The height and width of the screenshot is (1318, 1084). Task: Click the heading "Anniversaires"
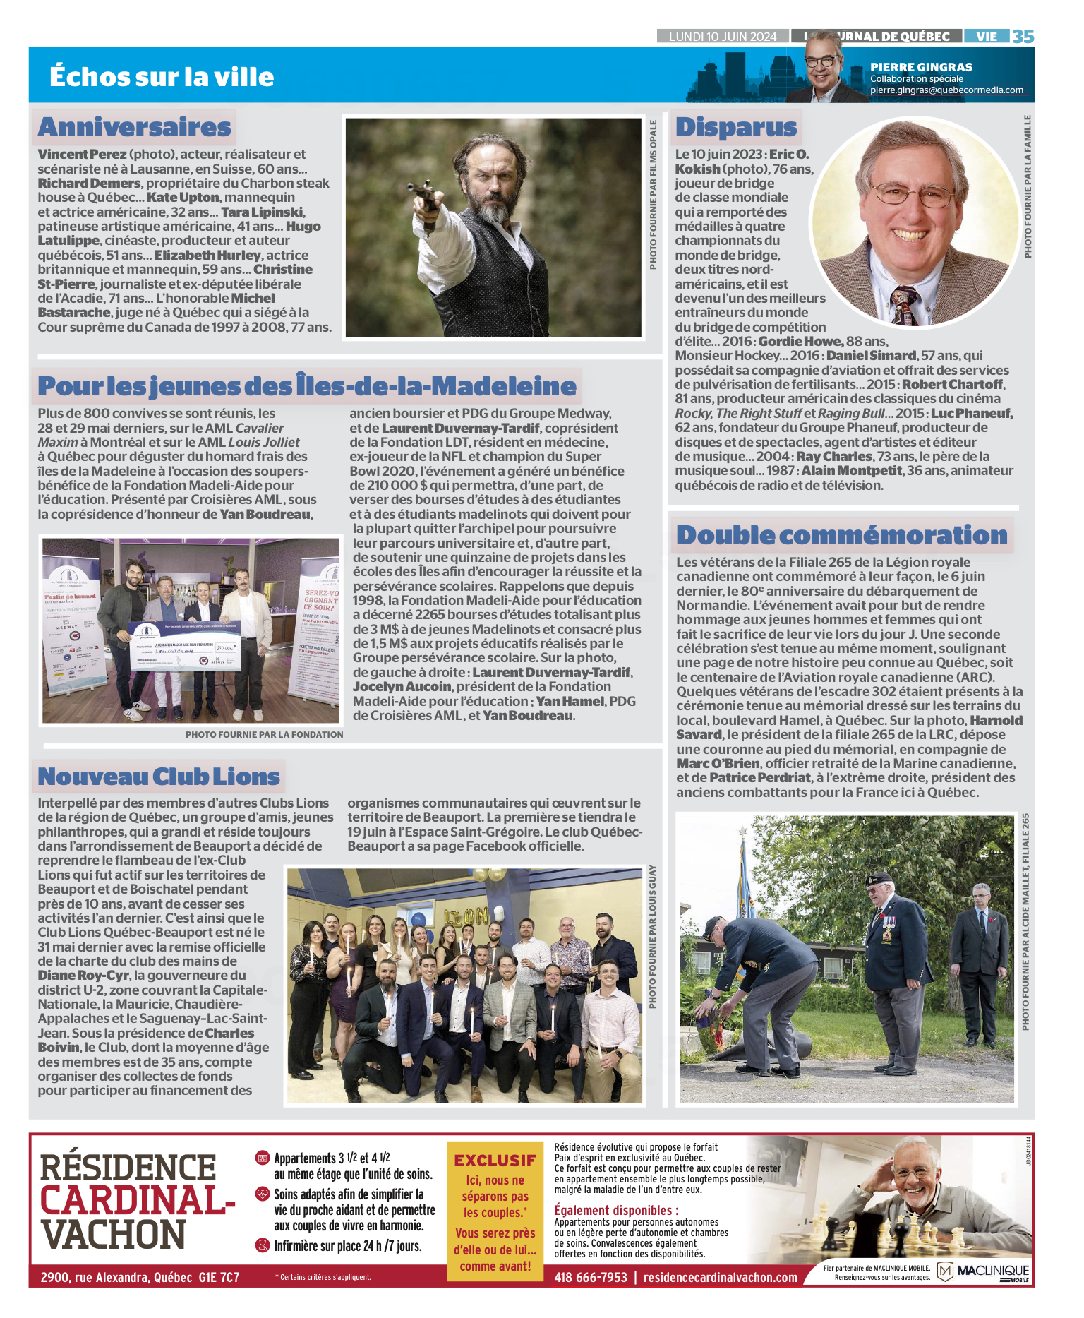click(134, 127)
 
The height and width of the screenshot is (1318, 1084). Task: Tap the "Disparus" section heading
click(736, 127)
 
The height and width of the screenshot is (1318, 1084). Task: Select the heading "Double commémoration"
click(841, 535)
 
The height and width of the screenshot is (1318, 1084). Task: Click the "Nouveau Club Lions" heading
click(159, 777)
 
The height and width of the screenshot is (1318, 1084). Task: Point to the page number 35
click(1023, 36)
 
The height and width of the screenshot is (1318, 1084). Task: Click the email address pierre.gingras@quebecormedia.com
click(946, 90)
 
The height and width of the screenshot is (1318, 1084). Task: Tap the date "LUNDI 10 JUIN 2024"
click(722, 37)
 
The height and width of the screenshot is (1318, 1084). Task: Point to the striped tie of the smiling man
click(903, 304)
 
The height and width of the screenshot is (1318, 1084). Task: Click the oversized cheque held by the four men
click(186, 645)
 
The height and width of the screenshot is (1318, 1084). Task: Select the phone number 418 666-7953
click(590, 1277)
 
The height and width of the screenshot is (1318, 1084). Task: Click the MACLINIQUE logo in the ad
click(984, 1271)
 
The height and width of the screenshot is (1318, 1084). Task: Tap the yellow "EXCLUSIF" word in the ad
click(495, 1161)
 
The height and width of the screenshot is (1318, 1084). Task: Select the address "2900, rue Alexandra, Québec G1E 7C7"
click(140, 1277)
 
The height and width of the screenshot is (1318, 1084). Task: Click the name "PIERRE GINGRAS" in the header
click(921, 67)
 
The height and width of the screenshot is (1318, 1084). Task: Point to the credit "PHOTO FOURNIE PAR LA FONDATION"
click(265, 734)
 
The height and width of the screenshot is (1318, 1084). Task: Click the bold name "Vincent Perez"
click(82, 154)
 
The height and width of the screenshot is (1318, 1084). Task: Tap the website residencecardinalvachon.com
click(720, 1277)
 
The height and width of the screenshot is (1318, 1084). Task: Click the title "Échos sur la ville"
click(162, 76)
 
